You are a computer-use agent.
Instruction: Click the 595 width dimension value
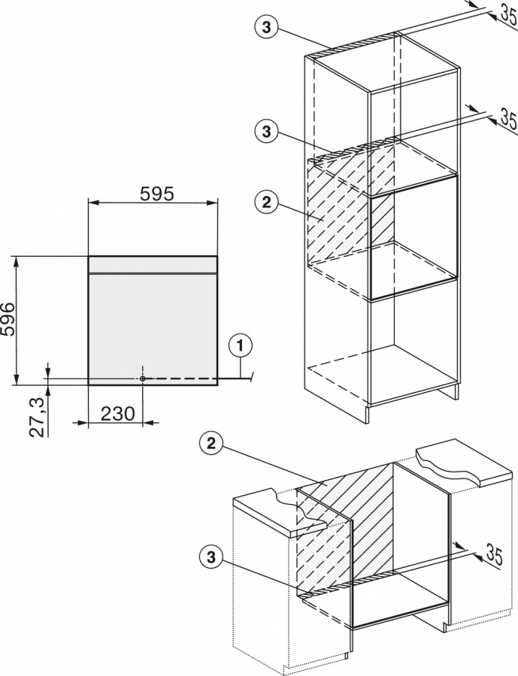(156, 194)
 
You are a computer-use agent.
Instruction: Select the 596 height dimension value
(8, 319)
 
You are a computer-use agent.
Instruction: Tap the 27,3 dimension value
(38, 418)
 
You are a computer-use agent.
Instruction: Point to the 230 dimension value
(118, 414)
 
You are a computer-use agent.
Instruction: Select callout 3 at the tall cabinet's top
(267, 27)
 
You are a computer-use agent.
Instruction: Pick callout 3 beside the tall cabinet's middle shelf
(267, 131)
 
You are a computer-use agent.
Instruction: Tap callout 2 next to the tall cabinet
(267, 202)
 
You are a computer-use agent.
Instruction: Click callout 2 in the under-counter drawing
(211, 445)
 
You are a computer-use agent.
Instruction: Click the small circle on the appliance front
(142, 378)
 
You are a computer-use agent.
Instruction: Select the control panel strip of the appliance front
(153, 264)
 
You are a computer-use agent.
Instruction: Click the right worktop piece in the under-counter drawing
(466, 470)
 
